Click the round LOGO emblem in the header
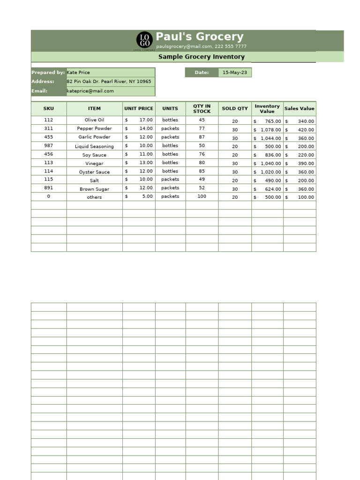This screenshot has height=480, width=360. tap(144, 40)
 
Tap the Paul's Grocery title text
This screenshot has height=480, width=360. tap(199, 37)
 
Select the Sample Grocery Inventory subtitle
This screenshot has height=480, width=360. tap(201, 57)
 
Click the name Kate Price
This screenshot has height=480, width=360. tap(78, 73)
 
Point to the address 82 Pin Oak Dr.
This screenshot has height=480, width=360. tap(109, 82)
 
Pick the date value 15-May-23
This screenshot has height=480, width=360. tap(234, 73)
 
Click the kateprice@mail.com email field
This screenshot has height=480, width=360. tap(90, 91)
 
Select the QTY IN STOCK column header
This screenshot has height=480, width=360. tap(202, 109)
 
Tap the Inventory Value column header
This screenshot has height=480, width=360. tap(267, 109)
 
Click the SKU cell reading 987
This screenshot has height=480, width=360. tap(49, 146)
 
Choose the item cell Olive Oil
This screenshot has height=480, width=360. tap(94, 120)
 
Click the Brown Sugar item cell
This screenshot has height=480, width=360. tap(94, 189)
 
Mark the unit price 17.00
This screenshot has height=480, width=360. tap(146, 120)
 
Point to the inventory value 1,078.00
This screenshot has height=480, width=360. tap(270, 130)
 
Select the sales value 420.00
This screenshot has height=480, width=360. tap(306, 130)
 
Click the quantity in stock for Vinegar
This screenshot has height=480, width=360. tap(202, 163)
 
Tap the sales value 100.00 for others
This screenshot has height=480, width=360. tap(306, 197)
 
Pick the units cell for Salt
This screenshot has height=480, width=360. tap(170, 180)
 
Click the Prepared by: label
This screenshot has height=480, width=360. tap(48, 73)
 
